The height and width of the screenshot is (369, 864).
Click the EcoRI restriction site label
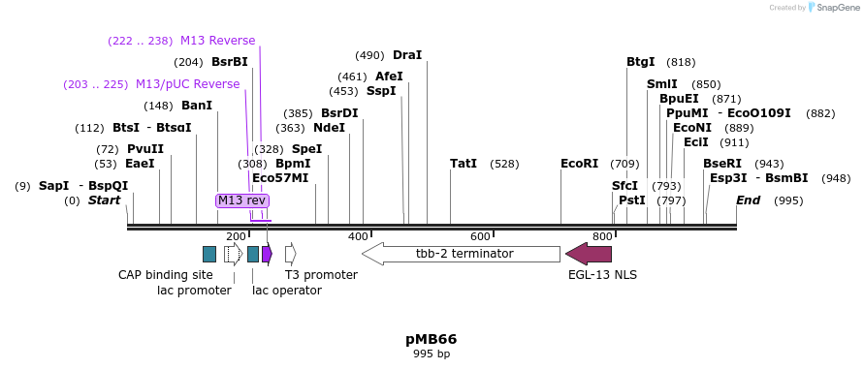[x=579, y=164]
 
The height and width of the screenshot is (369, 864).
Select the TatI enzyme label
[x=464, y=164]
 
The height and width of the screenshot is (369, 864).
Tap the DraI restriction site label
[x=407, y=55]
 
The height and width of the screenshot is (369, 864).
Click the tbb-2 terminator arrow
[x=462, y=254]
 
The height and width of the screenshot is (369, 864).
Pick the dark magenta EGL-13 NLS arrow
[x=589, y=254]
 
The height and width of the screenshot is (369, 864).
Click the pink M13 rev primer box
[x=241, y=200]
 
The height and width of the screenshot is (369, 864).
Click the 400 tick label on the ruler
[x=358, y=236]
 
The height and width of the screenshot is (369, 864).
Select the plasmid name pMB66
[x=431, y=339]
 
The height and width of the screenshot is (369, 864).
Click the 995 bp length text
[x=431, y=354]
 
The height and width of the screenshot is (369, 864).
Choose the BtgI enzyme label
[x=641, y=62]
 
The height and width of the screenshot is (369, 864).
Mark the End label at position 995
[x=748, y=200]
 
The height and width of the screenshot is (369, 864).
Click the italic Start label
[x=104, y=200]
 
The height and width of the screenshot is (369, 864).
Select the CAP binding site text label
[x=165, y=275]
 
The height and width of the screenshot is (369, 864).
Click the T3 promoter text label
[x=321, y=275]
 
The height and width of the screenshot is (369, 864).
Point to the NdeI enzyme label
[x=329, y=128]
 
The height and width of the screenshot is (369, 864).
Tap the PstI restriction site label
[x=631, y=200]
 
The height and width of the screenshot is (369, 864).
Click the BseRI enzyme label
[x=722, y=164]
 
